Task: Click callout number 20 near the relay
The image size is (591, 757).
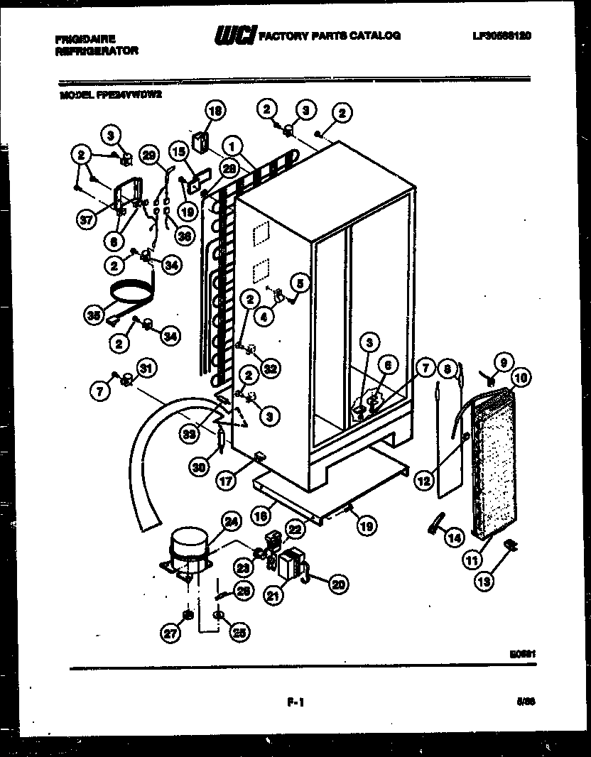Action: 338,584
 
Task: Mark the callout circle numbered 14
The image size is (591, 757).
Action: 453,538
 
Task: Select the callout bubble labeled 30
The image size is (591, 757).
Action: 200,467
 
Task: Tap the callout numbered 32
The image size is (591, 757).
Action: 269,368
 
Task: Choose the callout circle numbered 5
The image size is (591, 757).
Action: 299,283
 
